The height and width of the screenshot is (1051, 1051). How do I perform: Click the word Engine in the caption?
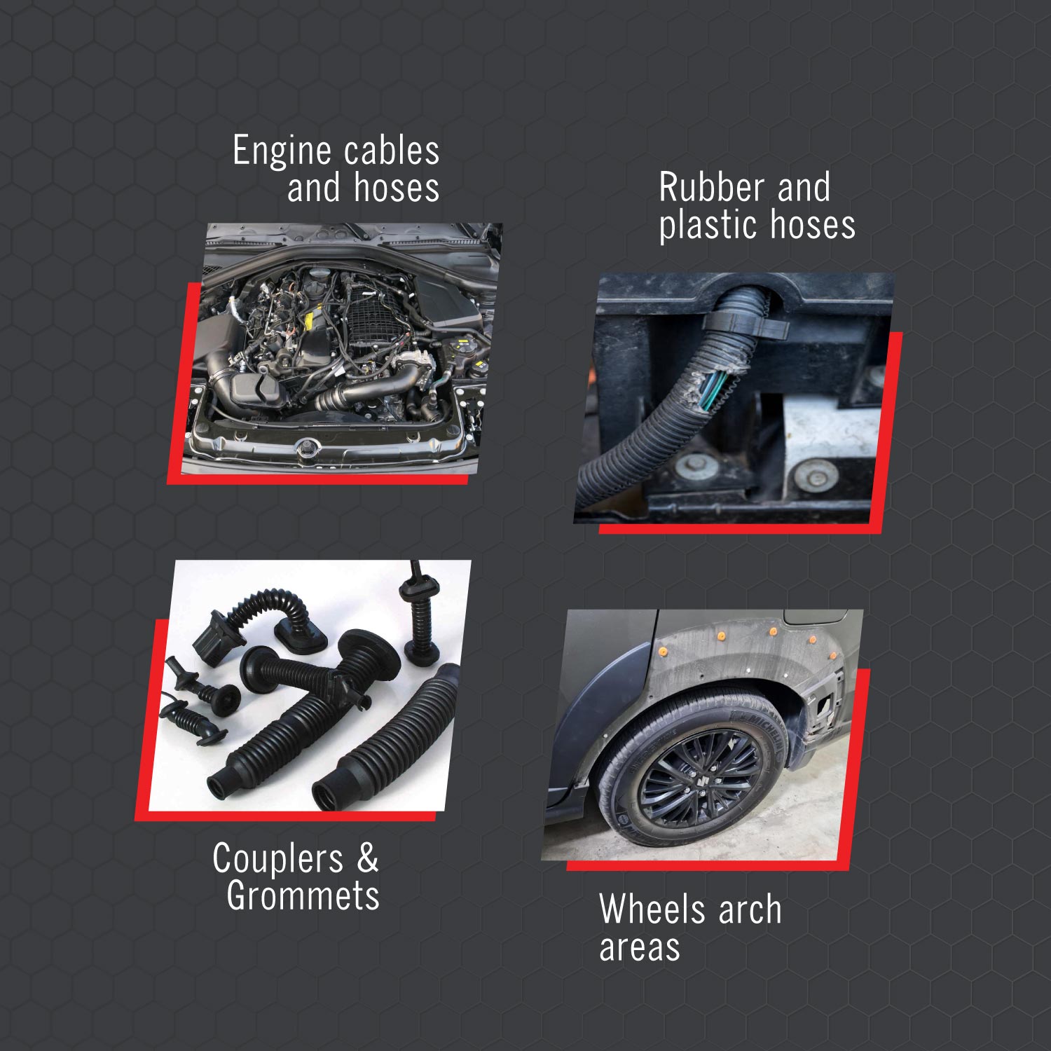coord(282,152)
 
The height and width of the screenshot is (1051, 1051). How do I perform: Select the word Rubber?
coord(710,188)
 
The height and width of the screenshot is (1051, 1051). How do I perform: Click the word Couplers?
coord(277,859)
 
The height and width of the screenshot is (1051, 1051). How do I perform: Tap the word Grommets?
coord(303,896)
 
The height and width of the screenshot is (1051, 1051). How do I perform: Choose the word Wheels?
coord(652,909)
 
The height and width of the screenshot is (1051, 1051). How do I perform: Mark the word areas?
coord(639,947)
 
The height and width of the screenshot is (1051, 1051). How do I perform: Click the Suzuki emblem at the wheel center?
coord(699,778)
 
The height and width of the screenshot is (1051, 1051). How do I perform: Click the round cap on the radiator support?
coord(306,447)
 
